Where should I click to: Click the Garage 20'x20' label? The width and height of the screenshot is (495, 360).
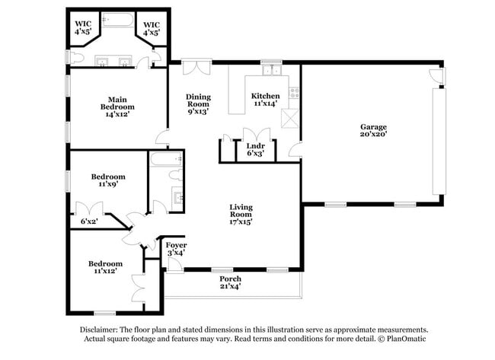(374, 130)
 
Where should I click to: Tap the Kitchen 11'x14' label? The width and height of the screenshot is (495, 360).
(266, 100)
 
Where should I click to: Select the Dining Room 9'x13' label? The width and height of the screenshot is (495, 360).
(198, 104)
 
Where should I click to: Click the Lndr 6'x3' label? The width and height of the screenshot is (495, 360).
(255, 149)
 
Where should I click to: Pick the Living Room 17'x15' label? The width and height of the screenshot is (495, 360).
(241, 214)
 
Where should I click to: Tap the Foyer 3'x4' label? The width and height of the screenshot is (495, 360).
(176, 249)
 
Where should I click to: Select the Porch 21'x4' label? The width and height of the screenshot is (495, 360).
(229, 282)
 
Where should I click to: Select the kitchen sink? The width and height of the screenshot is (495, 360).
(270, 71)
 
